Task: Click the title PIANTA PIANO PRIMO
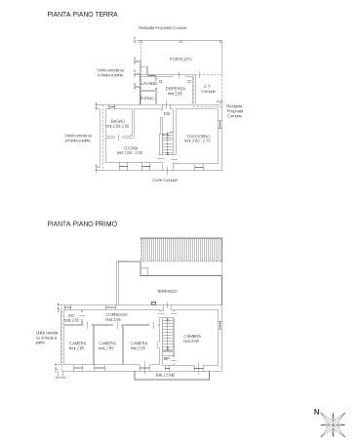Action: coord(82,223)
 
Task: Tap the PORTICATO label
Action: coord(180,60)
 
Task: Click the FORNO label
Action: coord(148,100)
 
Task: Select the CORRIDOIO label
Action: coord(116,317)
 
